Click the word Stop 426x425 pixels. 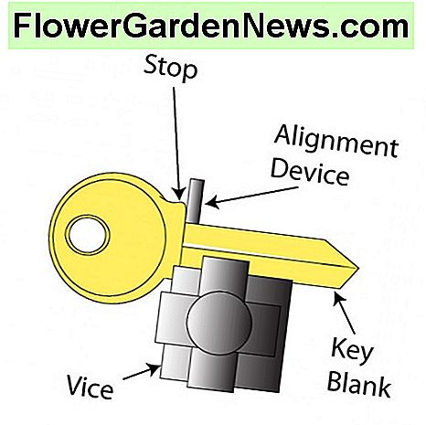[171, 69]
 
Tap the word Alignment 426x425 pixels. [336, 142]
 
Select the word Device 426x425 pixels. [310, 173]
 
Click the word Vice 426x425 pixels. [90, 387]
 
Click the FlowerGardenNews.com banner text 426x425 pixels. [211, 27]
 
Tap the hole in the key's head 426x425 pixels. [88, 235]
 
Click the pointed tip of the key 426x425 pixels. [358, 269]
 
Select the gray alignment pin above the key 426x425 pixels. [194, 200]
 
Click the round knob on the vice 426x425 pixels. [218, 324]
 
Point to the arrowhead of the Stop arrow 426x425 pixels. [179, 195]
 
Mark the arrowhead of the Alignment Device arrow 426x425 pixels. [212, 203]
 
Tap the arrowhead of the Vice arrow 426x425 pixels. [154, 369]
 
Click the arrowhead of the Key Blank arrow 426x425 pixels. [338, 298]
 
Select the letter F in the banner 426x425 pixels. [22, 27]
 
